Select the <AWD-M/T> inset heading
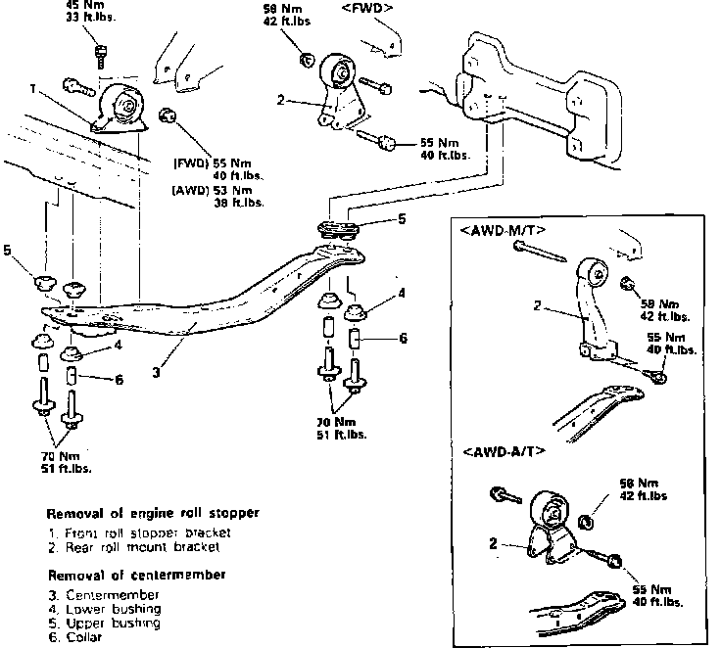[x=503, y=231]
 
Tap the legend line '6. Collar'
[x=78, y=636]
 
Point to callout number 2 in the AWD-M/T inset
[x=538, y=306]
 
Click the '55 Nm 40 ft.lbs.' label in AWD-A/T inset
[x=653, y=596]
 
